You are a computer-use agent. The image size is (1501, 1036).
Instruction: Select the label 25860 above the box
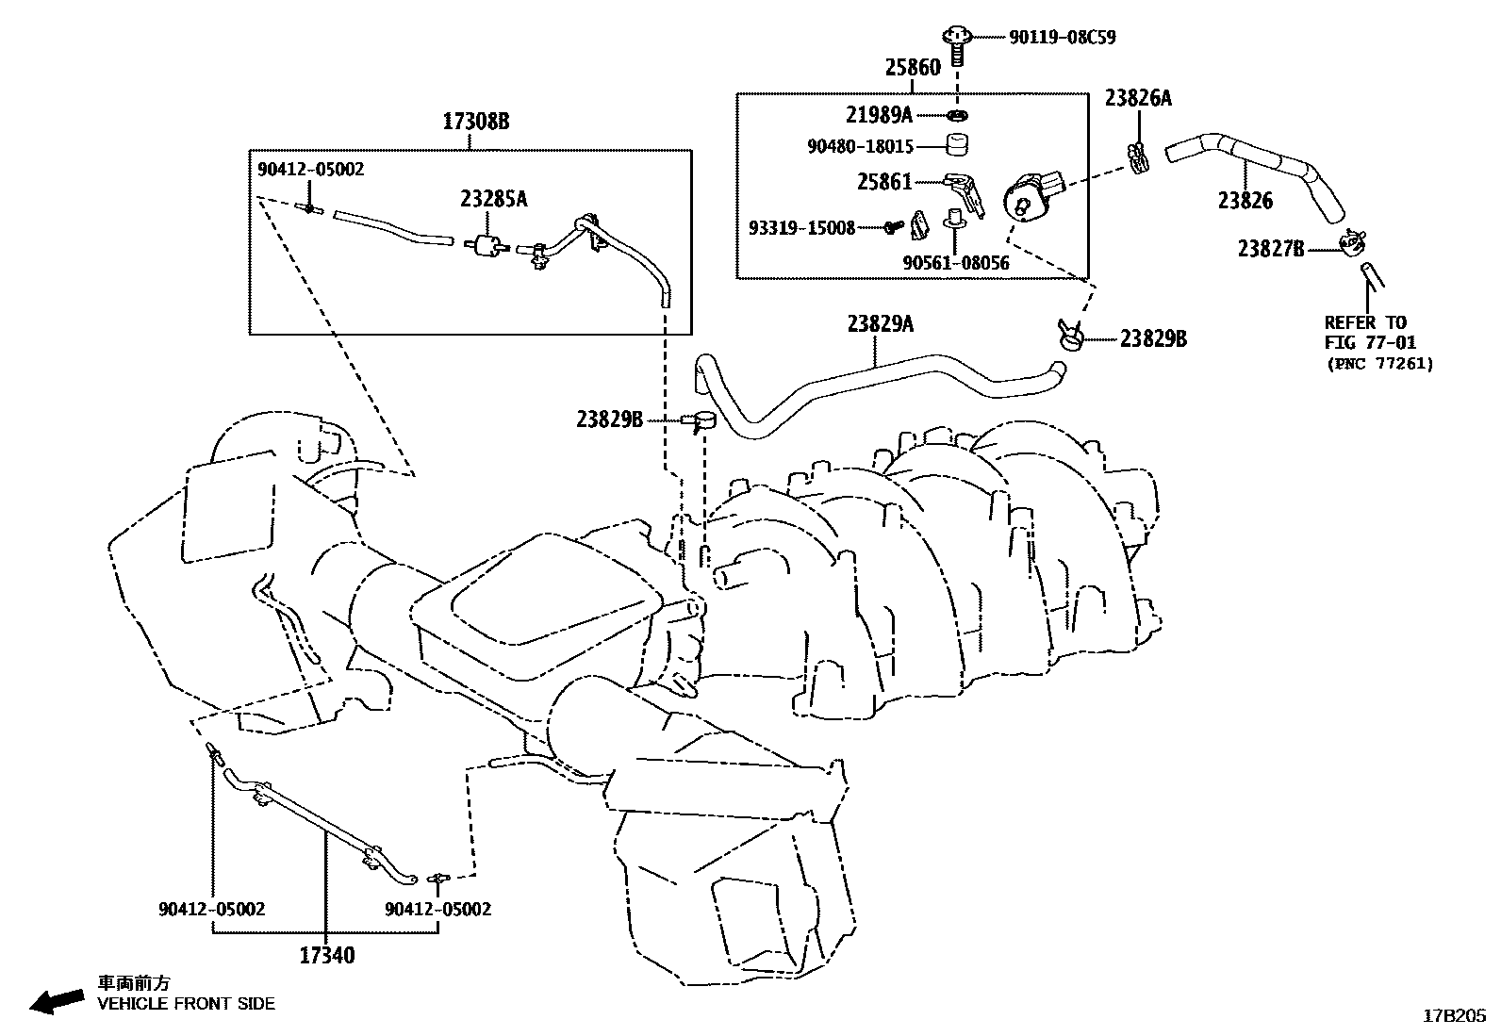[x=912, y=68]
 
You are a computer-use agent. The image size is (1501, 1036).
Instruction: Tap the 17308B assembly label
[x=476, y=122]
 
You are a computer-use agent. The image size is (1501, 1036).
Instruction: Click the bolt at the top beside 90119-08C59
[x=956, y=41]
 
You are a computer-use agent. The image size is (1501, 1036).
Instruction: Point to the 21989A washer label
[x=879, y=115]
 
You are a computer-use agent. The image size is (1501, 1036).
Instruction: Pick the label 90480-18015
[x=860, y=146]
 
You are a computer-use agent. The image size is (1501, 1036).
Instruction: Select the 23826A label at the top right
[x=1138, y=98]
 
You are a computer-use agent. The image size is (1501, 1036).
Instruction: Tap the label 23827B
[x=1271, y=249]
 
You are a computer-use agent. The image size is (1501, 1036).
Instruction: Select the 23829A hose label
[x=880, y=324]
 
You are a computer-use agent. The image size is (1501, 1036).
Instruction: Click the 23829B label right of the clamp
[x=1153, y=339]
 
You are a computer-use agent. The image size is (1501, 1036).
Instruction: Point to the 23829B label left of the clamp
[x=609, y=419]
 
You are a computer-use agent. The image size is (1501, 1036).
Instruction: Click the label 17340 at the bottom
[x=327, y=955]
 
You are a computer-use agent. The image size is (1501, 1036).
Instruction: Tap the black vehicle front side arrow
[x=56, y=1001]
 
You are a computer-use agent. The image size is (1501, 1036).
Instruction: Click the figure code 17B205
[x=1453, y=1016]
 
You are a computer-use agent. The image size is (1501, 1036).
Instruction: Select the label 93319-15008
[x=801, y=228]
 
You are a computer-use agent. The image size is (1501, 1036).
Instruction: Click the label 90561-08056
[x=955, y=263]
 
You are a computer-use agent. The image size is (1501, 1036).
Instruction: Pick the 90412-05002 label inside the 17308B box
[x=310, y=169]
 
